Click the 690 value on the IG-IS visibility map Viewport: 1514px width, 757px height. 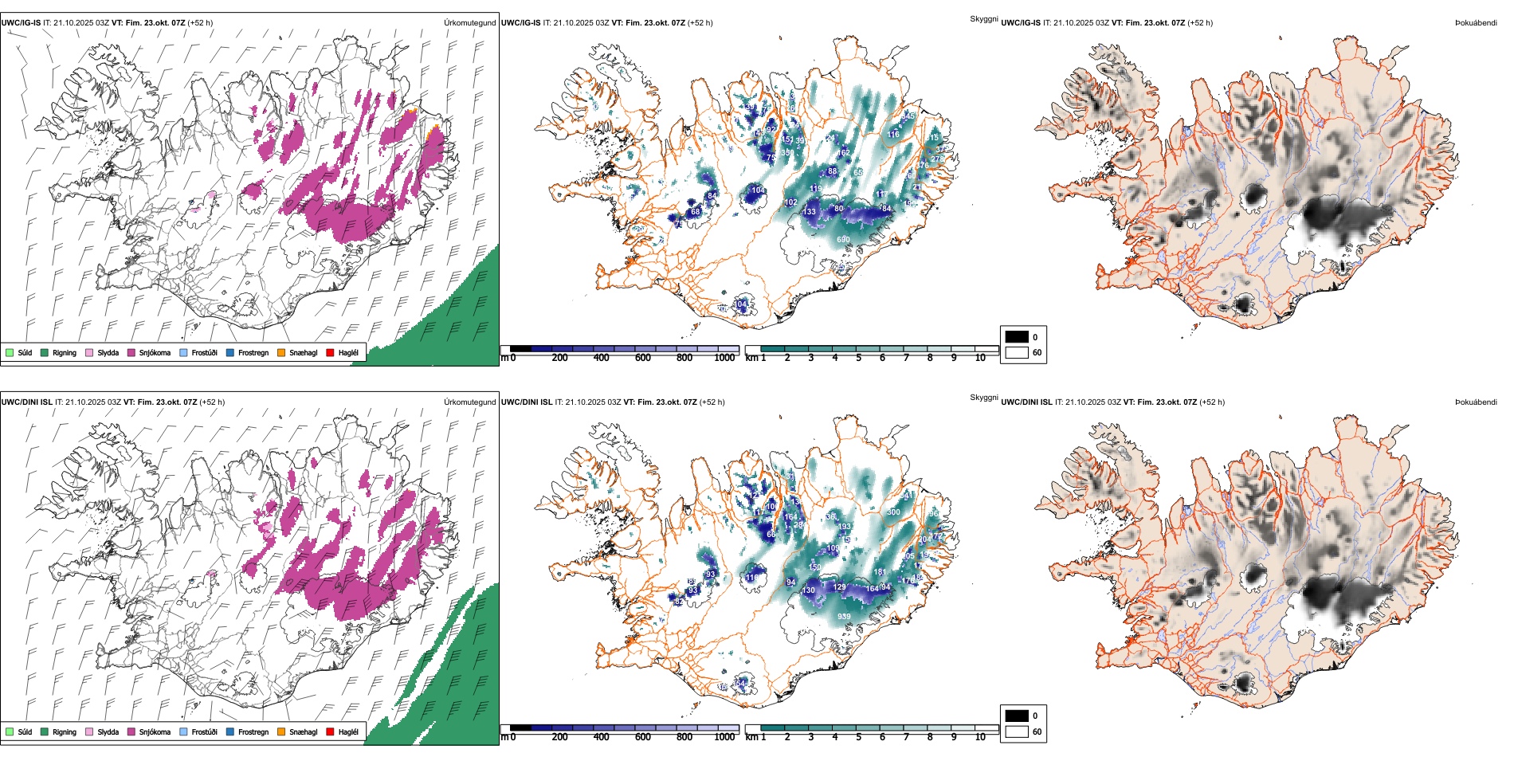[843, 239]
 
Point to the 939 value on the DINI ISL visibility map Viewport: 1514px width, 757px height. [844, 616]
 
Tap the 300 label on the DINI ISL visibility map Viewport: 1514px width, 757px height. [893, 512]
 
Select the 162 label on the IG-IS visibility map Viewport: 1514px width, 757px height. [844, 152]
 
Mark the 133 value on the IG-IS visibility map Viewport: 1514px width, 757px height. [810, 211]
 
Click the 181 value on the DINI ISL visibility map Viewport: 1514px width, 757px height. [880, 571]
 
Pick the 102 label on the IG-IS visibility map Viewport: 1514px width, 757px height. [790, 202]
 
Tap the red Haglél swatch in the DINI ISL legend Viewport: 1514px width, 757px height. [331, 732]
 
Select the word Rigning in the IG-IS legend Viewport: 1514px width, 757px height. [65, 352]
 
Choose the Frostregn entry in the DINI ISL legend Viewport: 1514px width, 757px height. [253, 732]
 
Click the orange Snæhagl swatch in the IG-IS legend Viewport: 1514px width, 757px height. [281, 352]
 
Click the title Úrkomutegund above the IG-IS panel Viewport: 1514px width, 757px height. [469, 23]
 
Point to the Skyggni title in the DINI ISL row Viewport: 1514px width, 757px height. [983, 397]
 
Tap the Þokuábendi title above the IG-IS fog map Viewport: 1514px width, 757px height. [1476, 23]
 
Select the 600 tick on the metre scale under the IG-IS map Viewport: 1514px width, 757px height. [642, 358]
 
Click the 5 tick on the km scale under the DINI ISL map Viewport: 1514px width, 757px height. [858, 737]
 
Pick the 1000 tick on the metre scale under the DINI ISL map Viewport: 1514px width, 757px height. [724, 737]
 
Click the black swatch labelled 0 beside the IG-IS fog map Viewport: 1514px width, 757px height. [1017, 337]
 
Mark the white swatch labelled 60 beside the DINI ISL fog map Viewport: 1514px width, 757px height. [1017, 732]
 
